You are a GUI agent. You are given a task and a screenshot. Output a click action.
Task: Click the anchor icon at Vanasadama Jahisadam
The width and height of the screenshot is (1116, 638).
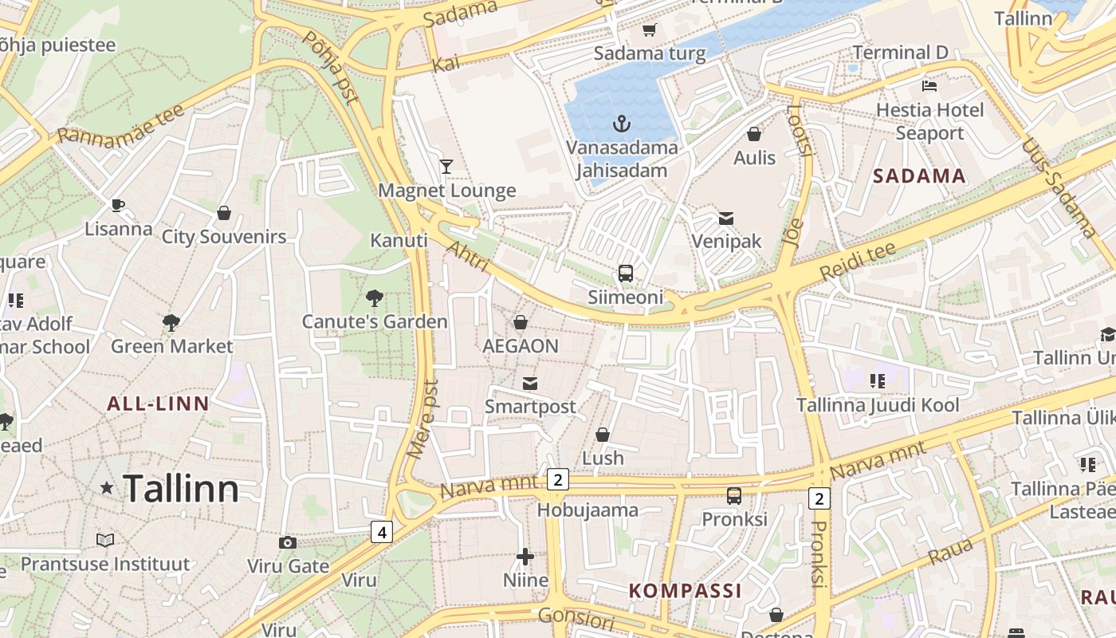(621, 124)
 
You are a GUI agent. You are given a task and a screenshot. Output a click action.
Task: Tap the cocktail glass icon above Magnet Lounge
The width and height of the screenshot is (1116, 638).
(446, 167)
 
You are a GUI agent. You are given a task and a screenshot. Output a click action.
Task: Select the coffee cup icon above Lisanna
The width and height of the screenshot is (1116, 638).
(118, 206)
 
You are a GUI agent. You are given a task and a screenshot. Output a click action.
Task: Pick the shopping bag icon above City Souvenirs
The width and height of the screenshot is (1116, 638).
(224, 213)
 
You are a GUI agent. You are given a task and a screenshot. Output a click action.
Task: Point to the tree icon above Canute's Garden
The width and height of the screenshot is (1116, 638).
(374, 299)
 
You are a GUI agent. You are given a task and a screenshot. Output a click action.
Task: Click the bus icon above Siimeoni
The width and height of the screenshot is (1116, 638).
(626, 274)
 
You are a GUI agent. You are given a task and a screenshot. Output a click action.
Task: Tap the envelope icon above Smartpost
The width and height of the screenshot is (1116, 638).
(530, 384)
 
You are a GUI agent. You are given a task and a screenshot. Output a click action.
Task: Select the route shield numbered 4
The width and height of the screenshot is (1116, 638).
(382, 531)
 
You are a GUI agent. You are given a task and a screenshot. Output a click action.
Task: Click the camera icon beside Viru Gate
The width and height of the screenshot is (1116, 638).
(288, 543)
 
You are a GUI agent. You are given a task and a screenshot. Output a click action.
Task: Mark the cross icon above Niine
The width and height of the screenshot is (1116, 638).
(525, 557)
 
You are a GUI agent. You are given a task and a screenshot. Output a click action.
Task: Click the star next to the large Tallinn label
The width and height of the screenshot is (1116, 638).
(106, 487)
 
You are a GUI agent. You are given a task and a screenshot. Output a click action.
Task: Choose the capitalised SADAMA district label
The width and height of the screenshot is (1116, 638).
(919, 176)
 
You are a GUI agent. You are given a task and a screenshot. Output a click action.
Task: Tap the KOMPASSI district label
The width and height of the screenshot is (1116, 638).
(686, 591)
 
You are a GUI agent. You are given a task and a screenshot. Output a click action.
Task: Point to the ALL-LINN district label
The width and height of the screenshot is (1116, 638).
(158, 404)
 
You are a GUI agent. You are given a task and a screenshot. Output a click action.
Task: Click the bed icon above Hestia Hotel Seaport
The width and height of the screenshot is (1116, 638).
(929, 85)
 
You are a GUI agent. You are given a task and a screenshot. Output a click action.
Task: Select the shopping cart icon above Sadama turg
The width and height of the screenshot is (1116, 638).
(649, 30)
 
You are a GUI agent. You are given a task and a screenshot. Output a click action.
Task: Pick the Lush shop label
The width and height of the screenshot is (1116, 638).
(603, 459)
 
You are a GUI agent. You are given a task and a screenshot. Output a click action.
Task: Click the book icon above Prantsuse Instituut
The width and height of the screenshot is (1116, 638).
(105, 541)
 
